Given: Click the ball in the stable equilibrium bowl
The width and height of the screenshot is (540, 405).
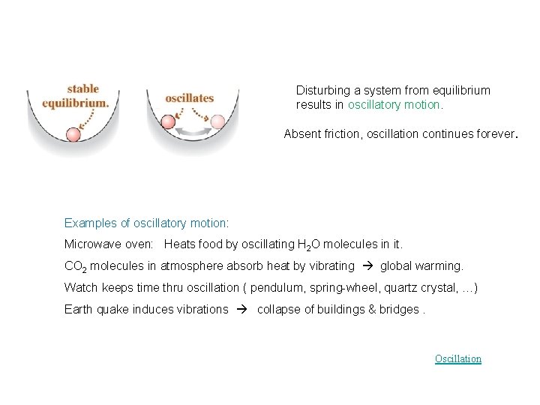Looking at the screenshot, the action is [73, 135].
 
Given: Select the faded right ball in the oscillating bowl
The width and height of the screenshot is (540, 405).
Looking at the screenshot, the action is [217, 121].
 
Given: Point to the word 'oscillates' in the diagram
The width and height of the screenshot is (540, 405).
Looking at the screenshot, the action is [190, 97].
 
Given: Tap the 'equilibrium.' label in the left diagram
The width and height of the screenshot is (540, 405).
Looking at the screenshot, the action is [76, 103].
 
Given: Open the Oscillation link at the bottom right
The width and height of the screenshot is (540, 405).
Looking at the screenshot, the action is [457, 358].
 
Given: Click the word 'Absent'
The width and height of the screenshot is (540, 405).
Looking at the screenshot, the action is [301, 135].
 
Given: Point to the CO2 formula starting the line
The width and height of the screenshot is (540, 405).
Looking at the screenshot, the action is [76, 266].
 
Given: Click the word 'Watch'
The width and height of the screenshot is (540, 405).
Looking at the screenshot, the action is [79, 288].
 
